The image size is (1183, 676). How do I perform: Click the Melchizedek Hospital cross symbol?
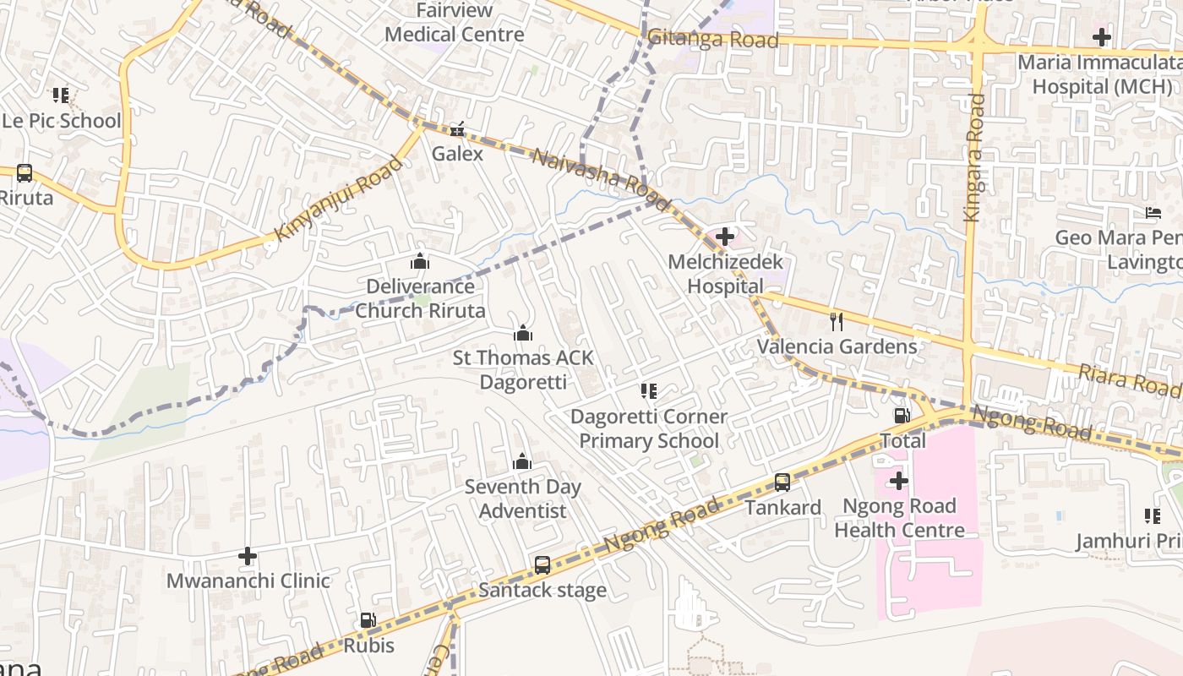tap(725, 237)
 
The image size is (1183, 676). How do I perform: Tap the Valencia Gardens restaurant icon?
tap(837, 322)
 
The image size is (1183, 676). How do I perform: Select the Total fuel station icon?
tap(902, 416)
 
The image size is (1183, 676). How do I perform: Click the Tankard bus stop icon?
tap(782, 482)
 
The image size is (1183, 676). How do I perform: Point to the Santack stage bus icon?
tap(542, 564)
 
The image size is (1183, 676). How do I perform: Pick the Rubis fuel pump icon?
tap(368, 620)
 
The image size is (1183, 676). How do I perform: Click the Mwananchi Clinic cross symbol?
tap(248, 556)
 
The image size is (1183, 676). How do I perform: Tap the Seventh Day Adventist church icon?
tap(522, 461)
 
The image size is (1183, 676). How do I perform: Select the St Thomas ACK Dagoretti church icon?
tap(523, 333)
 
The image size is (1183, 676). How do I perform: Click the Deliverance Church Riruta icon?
tap(420, 261)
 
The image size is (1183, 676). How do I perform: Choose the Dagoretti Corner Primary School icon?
tap(648, 391)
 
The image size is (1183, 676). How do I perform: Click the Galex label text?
tap(457, 154)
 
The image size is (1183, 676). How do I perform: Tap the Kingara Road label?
tap(974, 157)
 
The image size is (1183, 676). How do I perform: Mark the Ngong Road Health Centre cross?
tap(899, 482)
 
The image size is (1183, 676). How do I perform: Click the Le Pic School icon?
tap(61, 95)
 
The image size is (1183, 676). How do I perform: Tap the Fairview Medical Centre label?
tap(455, 23)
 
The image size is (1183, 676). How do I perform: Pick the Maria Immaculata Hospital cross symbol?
tap(1102, 37)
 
